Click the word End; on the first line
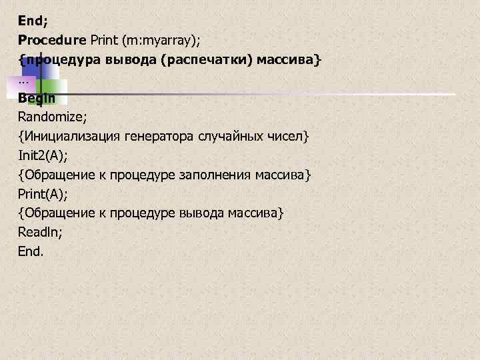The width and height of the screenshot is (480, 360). point(29,20)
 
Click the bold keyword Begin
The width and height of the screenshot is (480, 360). point(37,98)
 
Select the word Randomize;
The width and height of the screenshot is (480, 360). point(53,117)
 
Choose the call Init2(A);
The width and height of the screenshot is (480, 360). point(43,155)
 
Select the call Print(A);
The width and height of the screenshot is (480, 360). point(43,194)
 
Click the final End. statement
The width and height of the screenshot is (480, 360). point(30,251)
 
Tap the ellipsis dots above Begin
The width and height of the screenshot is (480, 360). point(24,81)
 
